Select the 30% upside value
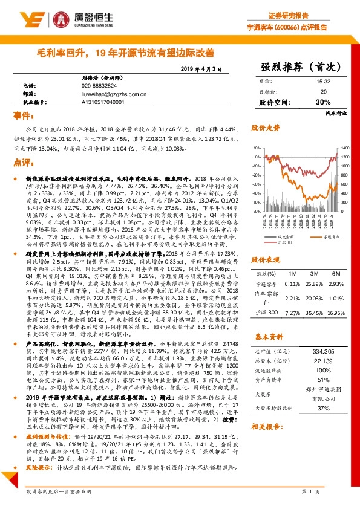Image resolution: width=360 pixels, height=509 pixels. pos(322,102)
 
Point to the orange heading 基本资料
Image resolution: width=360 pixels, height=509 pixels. pos(266,352)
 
